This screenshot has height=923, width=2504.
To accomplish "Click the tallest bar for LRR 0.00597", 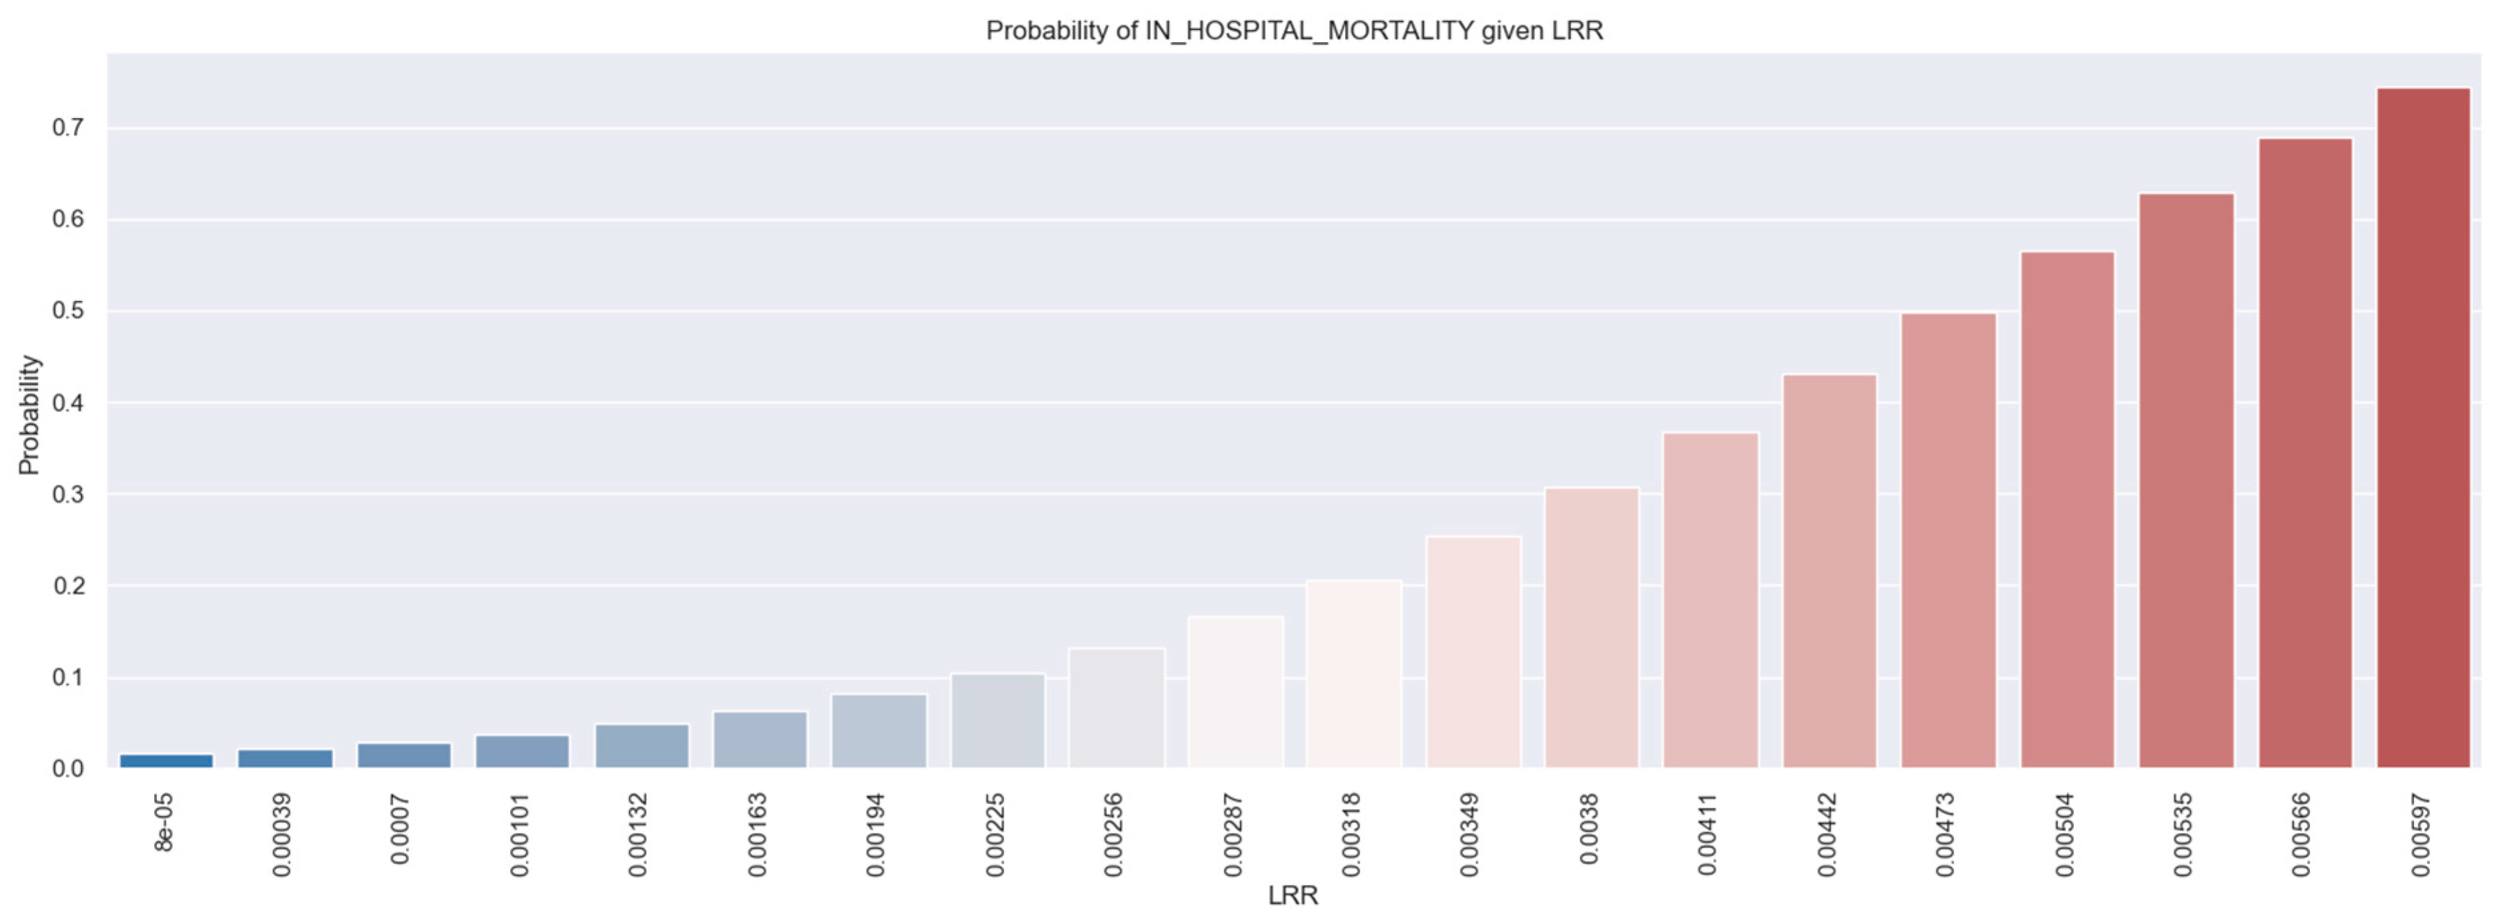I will pyautogui.click(x=2423, y=428).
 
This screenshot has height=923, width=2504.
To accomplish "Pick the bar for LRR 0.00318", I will pyautogui.click(x=1353, y=674).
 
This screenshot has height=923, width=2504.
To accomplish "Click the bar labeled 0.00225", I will pyautogui.click(x=998, y=721).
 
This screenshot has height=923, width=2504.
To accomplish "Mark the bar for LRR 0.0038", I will pyautogui.click(x=1591, y=628).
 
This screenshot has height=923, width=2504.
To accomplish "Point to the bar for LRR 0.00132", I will pyautogui.click(x=642, y=746).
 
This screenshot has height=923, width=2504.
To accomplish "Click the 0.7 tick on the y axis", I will pyautogui.click(x=68, y=129).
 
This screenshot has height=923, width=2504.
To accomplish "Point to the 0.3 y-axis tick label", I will pyautogui.click(x=68, y=494).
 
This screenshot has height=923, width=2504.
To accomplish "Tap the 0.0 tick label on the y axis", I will pyautogui.click(x=68, y=768).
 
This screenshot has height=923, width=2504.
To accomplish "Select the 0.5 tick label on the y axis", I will pyautogui.click(x=68, y=311).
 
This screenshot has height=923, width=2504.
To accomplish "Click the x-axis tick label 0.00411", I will pyautogui.click(x=1708, y=834).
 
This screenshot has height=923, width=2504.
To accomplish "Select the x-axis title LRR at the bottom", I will pyautogui.click(x=1293, y=896).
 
